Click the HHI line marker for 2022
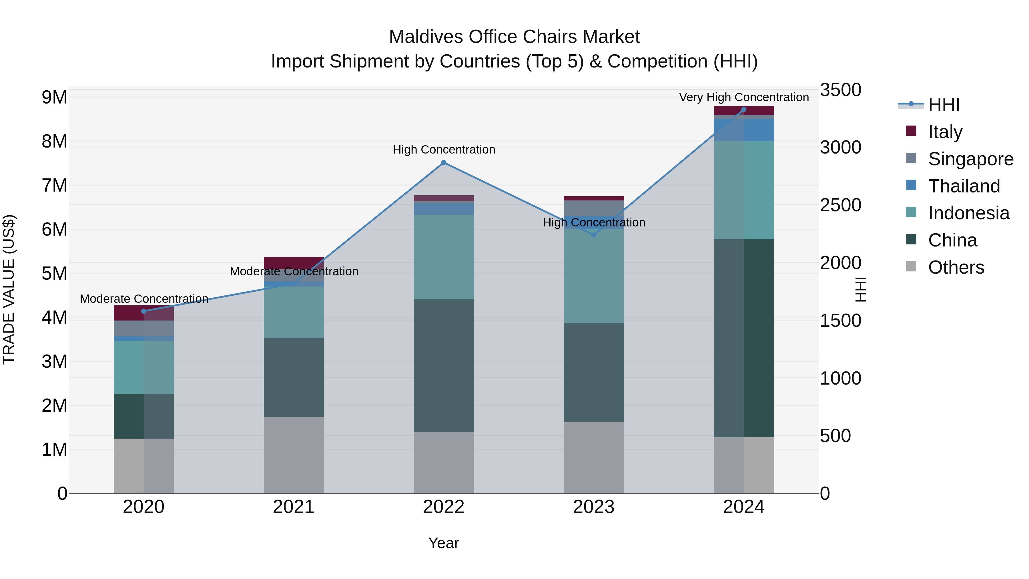(443, 163)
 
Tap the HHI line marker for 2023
(594, 235)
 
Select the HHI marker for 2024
(744, 110)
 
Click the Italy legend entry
(945, 132)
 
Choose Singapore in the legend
(971, 159)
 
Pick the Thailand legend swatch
(911, 185)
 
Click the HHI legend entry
(944, 105)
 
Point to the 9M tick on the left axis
(54, 98)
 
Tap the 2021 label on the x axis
(294, 507)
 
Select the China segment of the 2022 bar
(443, 366)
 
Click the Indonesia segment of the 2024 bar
(744, 190)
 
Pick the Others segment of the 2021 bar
(294, 455)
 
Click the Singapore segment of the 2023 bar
(594, 208)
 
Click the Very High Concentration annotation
(744, 97)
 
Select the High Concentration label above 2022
(443, 150)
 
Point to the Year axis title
(443, 543)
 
